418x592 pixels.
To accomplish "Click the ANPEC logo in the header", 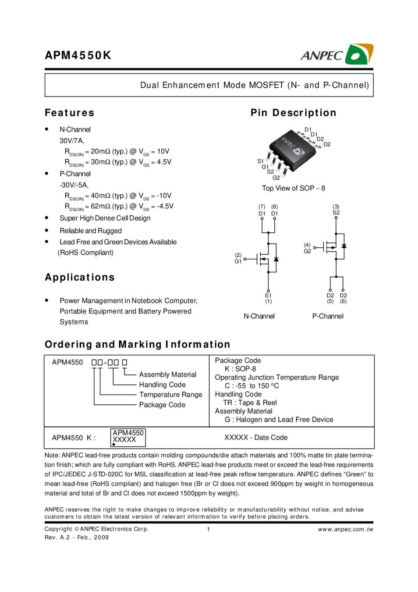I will [337, 55].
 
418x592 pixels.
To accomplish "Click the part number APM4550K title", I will [78, 56].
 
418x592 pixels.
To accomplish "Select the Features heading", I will [69, 113].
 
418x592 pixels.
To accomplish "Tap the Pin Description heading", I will [293, 113].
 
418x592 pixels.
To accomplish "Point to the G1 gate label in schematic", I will [238, 261].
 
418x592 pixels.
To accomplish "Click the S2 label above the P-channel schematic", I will [336, 213].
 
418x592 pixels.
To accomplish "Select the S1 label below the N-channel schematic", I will [268, 296].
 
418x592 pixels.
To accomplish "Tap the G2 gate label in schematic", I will [307, 251].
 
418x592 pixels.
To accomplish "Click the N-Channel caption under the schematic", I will [259, 316].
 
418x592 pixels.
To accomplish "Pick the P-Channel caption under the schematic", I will [328, 316].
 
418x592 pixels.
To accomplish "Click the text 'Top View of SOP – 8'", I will [294, 188].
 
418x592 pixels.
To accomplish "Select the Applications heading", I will [79, 277].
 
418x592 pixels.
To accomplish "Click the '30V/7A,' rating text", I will [72, 141].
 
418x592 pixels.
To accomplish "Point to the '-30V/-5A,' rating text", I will [74, 185].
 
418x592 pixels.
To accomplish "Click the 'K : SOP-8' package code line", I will [240, 369].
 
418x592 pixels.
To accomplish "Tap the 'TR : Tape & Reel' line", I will [250, 403].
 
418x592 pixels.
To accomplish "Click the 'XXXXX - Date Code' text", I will [256, 438].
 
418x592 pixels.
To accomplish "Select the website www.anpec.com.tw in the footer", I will [346, 529].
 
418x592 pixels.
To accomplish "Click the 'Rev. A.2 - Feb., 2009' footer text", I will [77, 537].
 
